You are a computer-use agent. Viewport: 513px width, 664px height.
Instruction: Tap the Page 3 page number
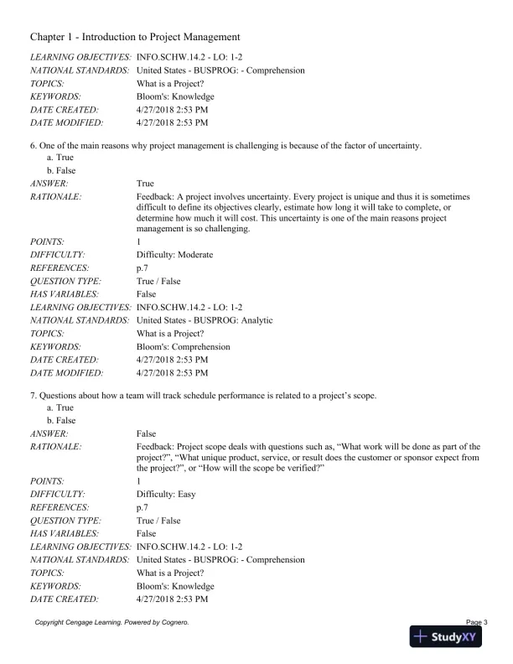pyautogui.click(x=474, y=621)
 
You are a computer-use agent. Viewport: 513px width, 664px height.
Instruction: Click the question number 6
pyautogui.click(x=32, y=145)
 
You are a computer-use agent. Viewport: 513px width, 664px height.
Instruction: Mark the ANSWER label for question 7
pyautogui.click(x=49, y=433)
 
